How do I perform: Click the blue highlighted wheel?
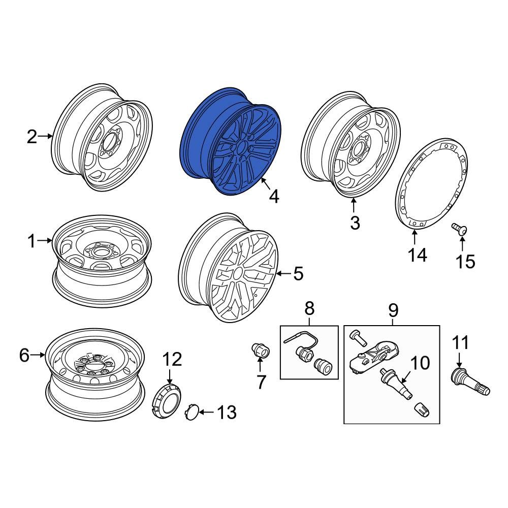click(231, 142)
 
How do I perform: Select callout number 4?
click(274, 196)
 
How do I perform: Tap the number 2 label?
click(32, 137)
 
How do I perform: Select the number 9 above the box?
click(393, 309)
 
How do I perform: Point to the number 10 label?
click(420, 363)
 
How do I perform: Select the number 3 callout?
click(355, 222)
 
